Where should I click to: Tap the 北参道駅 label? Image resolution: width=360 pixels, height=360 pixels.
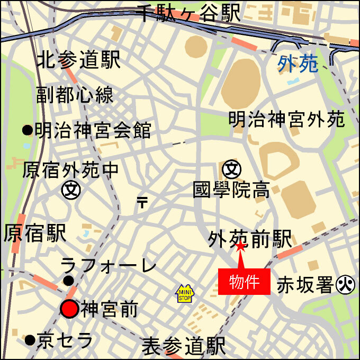pos(78,59)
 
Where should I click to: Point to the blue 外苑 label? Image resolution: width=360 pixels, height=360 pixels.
pos(298,64)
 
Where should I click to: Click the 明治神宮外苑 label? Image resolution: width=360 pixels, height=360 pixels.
pos(286,119)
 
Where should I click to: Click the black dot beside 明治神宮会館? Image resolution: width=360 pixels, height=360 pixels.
pos(27,129)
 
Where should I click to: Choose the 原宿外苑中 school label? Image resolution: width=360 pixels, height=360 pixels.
pos(71,170)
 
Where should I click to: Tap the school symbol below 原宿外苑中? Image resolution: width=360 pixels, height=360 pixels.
pos(70,189)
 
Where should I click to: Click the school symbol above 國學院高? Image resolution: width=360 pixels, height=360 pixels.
pos(232,169)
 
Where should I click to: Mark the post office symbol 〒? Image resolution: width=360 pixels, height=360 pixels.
pos(142,202)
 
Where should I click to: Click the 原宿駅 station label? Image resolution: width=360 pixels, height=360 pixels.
pos(34,233)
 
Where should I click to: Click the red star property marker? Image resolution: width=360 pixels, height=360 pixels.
pos(240,246)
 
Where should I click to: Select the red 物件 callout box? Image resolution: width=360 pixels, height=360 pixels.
pos(244,282)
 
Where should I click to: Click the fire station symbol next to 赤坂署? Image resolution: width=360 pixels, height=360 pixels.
pos(345,285)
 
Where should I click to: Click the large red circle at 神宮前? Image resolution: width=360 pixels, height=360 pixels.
pos(69,309)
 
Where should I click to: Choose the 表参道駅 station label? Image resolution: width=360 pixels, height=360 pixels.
pos(184,346)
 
